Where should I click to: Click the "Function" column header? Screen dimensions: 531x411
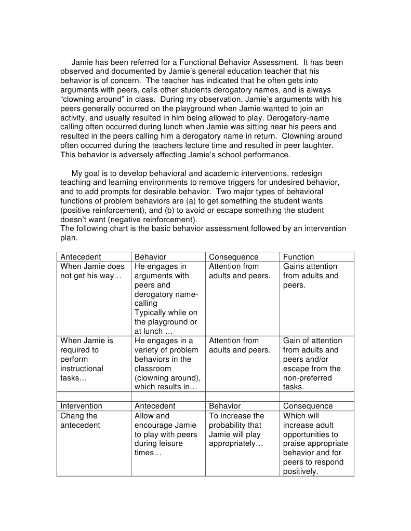(298, 257)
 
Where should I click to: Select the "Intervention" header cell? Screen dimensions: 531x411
(82, 406)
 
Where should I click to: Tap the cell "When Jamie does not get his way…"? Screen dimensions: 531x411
(92, 271)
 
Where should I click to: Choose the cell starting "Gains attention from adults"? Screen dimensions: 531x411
(310, 276)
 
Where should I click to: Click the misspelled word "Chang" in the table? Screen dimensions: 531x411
(71, 416)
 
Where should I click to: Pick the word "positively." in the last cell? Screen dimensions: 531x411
(300, 471)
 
